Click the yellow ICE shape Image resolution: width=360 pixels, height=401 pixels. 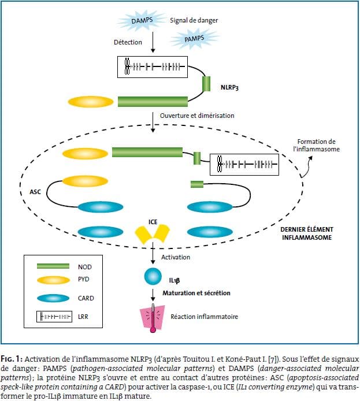[152, 233]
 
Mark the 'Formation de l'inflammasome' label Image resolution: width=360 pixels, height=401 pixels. [316, 146]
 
